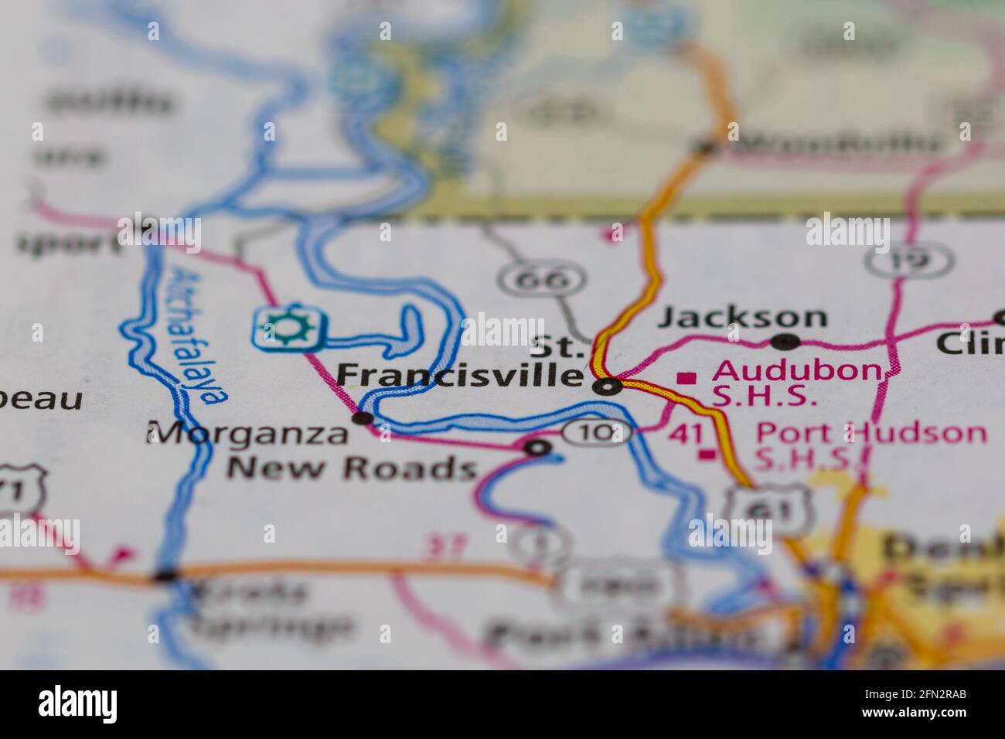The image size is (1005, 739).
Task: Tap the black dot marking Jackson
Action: click(785, 341)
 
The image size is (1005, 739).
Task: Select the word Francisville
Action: click(460, 376)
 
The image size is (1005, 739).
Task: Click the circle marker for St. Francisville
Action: click(608, 386)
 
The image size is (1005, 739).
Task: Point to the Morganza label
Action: click(248, 434)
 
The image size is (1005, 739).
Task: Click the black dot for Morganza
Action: click(362, 418)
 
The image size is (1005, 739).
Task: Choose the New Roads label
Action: click(351, 468)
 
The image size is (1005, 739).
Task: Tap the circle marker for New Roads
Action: click(537, 447)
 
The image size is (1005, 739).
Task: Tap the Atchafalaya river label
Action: click(198, 336)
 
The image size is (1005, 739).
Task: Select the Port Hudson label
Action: click(870, 433)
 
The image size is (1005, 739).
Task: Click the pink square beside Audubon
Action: click(685, 378)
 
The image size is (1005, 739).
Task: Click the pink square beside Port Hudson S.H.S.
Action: click(705, 455)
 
